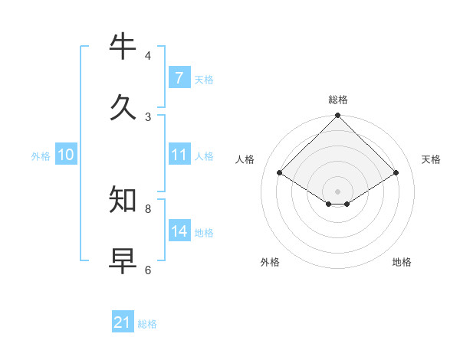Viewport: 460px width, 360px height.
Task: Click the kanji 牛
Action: [123, 47]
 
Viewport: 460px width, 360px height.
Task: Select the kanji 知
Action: [123, 200]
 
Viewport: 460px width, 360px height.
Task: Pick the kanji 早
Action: [123, 260]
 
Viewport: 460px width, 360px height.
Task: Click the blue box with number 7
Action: [179, 78]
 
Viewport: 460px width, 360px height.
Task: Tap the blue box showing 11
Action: [179, 155]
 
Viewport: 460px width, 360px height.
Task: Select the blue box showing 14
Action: [179, 231]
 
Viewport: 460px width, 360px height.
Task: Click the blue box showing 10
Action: [66, 155]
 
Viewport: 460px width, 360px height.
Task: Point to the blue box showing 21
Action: [123, 322]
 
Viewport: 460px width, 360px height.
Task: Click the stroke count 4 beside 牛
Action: [148, 56]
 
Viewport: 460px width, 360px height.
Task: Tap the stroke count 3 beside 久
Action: [148, 116]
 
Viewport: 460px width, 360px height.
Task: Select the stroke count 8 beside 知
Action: [148, 208]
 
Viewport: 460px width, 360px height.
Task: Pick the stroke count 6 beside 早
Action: [148, 270]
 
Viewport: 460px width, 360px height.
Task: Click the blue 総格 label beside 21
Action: [147, 324]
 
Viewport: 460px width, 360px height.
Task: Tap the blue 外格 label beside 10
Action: [41, 156]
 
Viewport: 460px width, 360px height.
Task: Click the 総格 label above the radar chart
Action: [338, 100]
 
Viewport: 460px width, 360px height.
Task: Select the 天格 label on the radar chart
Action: [431, 159]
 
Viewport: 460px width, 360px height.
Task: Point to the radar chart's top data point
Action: [338, 116]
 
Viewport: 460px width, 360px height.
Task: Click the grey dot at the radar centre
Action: [338, 191]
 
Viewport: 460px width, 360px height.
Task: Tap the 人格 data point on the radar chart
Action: [280, 173]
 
